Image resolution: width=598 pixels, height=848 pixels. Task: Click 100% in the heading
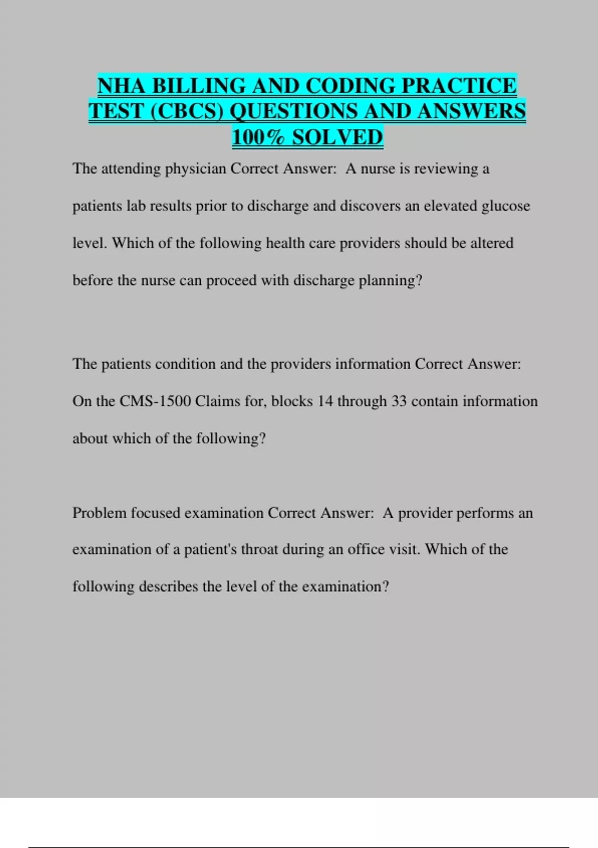pos(259,137)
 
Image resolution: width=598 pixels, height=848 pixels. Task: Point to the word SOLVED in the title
pos(337,137)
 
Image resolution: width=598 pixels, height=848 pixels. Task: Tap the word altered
pos(491,243)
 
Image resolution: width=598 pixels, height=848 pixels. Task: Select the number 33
pos(399,402)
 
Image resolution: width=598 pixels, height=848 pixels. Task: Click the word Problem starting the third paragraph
pos(100,513)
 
